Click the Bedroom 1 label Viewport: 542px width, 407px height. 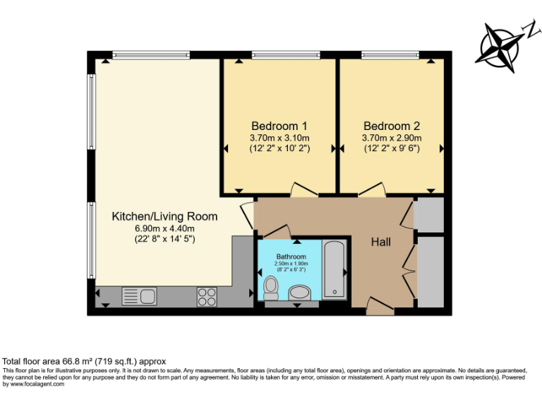[x=279, y=125]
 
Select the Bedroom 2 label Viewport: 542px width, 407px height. [x=392, y=125]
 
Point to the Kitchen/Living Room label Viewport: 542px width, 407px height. [x=164, y=216]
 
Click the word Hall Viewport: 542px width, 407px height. [x=382, y=242]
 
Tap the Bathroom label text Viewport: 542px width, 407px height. [x=291, y=256]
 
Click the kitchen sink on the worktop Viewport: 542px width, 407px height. [x=139, y=296]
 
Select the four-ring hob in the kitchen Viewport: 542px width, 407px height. [x=207, y=297]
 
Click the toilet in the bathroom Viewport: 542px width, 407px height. [x=270, y=288]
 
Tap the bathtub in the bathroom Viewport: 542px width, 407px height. [x=334, y=269]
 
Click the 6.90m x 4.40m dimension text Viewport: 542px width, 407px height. [x=164, y=228]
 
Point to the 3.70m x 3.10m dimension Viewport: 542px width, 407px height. [x=279, y=138]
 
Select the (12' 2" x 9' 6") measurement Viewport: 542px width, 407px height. [x=392, y=149]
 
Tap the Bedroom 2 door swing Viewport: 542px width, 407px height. [x=371, y=189]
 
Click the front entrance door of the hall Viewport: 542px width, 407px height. [x=380, y=305]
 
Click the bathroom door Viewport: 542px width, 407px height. [x=276, y=231]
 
